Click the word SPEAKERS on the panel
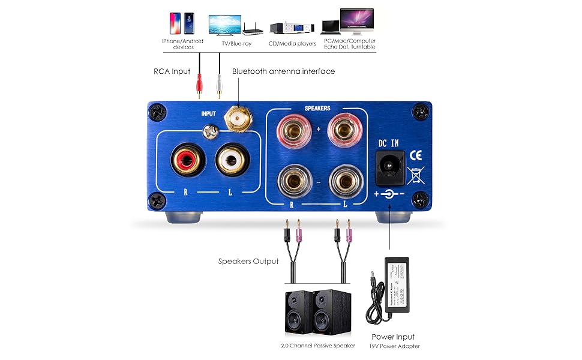click(x=318, y=109)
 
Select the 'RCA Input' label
click(x=172, y=71)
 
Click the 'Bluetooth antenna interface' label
click(x=284, y=71)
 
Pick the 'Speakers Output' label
click(x=248, y=261)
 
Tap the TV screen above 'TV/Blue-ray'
click(x=224, y=25)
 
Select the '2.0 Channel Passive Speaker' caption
click(x=317, y=346)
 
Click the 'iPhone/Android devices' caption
click(x=182, y=44)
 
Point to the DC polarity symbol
click(x=391, y=194)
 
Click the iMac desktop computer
click(x=356, y=22)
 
